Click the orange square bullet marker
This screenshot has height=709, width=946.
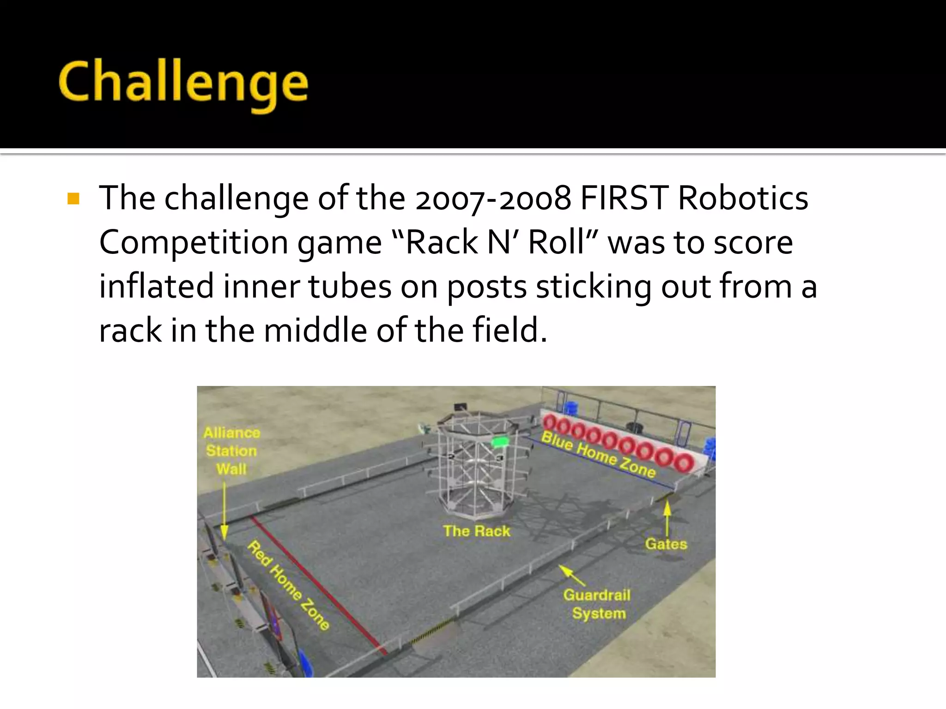(x=73, y=198)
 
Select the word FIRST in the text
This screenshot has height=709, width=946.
(x=624, y=198)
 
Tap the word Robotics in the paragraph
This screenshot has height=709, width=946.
(x=743, y=198)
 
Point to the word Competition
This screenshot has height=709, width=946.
(x=194, y=243)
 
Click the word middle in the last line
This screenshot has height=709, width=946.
(x=315, y=330)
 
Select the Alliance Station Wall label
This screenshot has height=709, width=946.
(x=231, y=451)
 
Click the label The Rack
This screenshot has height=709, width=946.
(x=476, y=531)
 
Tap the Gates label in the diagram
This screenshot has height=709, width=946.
(x=666, y=544)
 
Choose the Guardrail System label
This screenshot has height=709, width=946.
(x=597, y=604)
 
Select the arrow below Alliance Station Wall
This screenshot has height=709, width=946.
(x=224, y=510)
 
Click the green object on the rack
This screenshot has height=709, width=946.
(x=499, y=442)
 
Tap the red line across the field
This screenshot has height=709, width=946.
(x=319, y=584)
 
